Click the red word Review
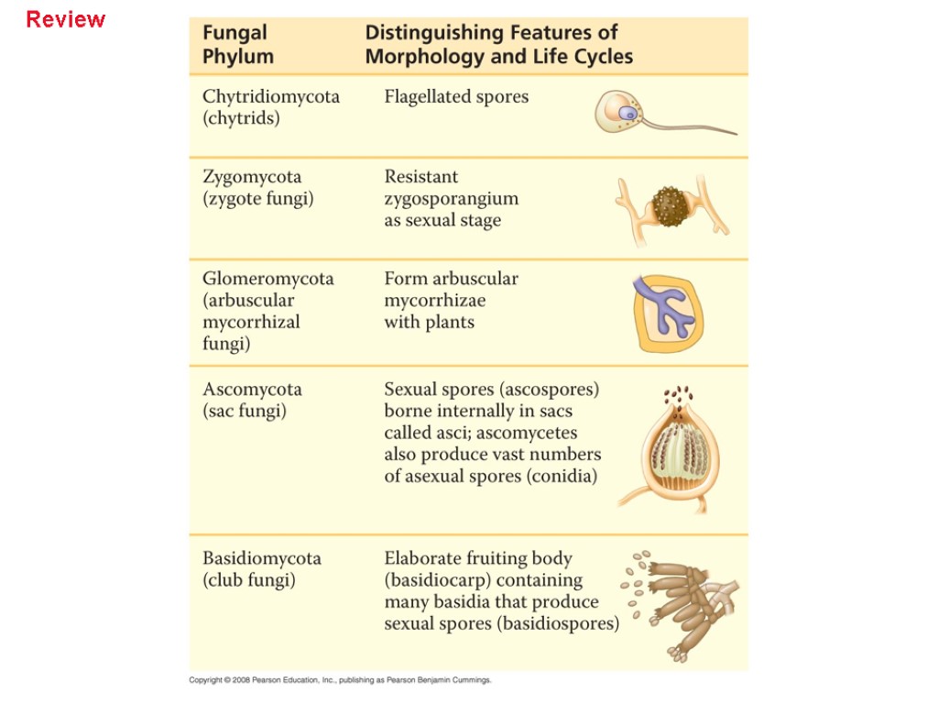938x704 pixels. tap(66, 19)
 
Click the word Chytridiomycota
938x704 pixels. tap(270, 96)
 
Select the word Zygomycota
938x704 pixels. tap(252, 176)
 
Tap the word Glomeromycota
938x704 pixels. tap(267, 278)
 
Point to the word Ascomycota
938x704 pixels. tap(252, 389)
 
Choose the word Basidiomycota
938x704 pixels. tap(262, 558)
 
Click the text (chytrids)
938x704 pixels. tap(241, 118)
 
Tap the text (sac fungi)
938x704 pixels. tap(244, 411)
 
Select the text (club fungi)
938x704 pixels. tap(248, 580)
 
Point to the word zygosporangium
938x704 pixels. tap(451, 198)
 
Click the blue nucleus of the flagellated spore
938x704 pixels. tap(627, 113)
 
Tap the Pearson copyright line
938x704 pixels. tap(341, 680)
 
